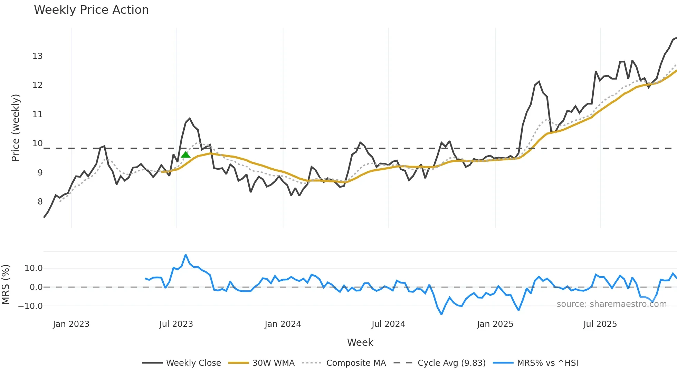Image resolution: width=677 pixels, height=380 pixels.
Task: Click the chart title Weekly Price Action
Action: tap(91, 10)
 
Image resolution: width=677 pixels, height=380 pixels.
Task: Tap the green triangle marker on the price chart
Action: tap(185, 155)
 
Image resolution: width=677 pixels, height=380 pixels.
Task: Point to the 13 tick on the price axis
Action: tap(38, 56)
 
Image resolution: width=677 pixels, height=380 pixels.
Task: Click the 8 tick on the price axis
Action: tap(40, 202)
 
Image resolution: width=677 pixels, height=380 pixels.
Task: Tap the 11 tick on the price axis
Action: tap(38, 114)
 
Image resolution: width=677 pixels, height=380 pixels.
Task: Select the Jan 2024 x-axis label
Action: tap(283, 324)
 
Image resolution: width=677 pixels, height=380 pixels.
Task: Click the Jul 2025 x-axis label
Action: tap(600, 324)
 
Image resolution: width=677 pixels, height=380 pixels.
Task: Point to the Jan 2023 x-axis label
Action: tap(71, 324)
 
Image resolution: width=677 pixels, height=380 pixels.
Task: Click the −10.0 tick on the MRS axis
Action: tap(30, 306)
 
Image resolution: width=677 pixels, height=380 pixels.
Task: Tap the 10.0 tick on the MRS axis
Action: tap(34, 268)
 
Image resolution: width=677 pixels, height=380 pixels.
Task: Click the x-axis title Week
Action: tap(360, 342)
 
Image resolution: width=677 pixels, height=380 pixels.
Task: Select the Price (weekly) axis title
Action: tap(16, 128)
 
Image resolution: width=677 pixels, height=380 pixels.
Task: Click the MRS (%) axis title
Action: tap(6, 284)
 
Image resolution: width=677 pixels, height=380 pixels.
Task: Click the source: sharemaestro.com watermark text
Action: tap(611, 304)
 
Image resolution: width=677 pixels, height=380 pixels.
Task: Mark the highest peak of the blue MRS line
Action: tap(186, 255)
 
